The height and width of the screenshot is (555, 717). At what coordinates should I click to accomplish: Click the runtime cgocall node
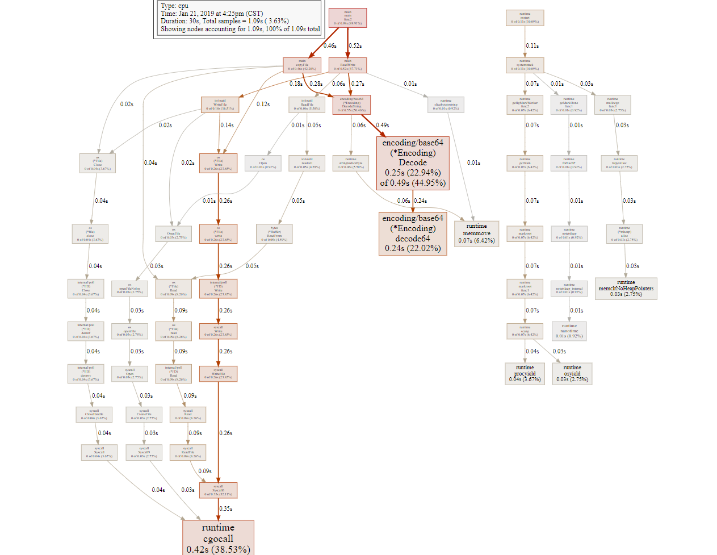218,537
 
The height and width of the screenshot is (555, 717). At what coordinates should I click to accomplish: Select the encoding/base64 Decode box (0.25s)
413,162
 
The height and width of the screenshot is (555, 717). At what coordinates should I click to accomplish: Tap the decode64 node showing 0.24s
413,233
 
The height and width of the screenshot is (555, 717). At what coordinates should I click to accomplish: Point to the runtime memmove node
476,233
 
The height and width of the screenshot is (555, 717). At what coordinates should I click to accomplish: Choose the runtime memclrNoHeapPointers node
626,288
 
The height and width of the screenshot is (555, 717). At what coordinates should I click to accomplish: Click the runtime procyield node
525,373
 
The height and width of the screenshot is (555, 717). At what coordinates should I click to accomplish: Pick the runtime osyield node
572,373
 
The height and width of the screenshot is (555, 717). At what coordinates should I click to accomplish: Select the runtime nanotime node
569,331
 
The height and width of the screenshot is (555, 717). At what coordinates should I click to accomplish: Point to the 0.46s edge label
330,45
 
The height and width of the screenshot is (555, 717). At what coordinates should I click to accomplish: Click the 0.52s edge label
355,45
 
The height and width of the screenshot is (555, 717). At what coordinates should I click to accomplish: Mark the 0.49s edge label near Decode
382,125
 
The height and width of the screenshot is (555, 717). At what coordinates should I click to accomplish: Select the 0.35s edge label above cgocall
225,509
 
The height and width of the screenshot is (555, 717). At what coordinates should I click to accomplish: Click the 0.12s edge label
263,104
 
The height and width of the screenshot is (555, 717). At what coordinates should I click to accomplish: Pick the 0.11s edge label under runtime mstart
532,45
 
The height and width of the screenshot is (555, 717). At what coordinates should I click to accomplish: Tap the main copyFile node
302,65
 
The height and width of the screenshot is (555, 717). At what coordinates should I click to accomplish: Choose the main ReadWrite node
347,65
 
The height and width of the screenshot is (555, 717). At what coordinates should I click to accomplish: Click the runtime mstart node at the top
525,18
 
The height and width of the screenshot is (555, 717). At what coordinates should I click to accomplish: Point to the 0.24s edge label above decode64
420,201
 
